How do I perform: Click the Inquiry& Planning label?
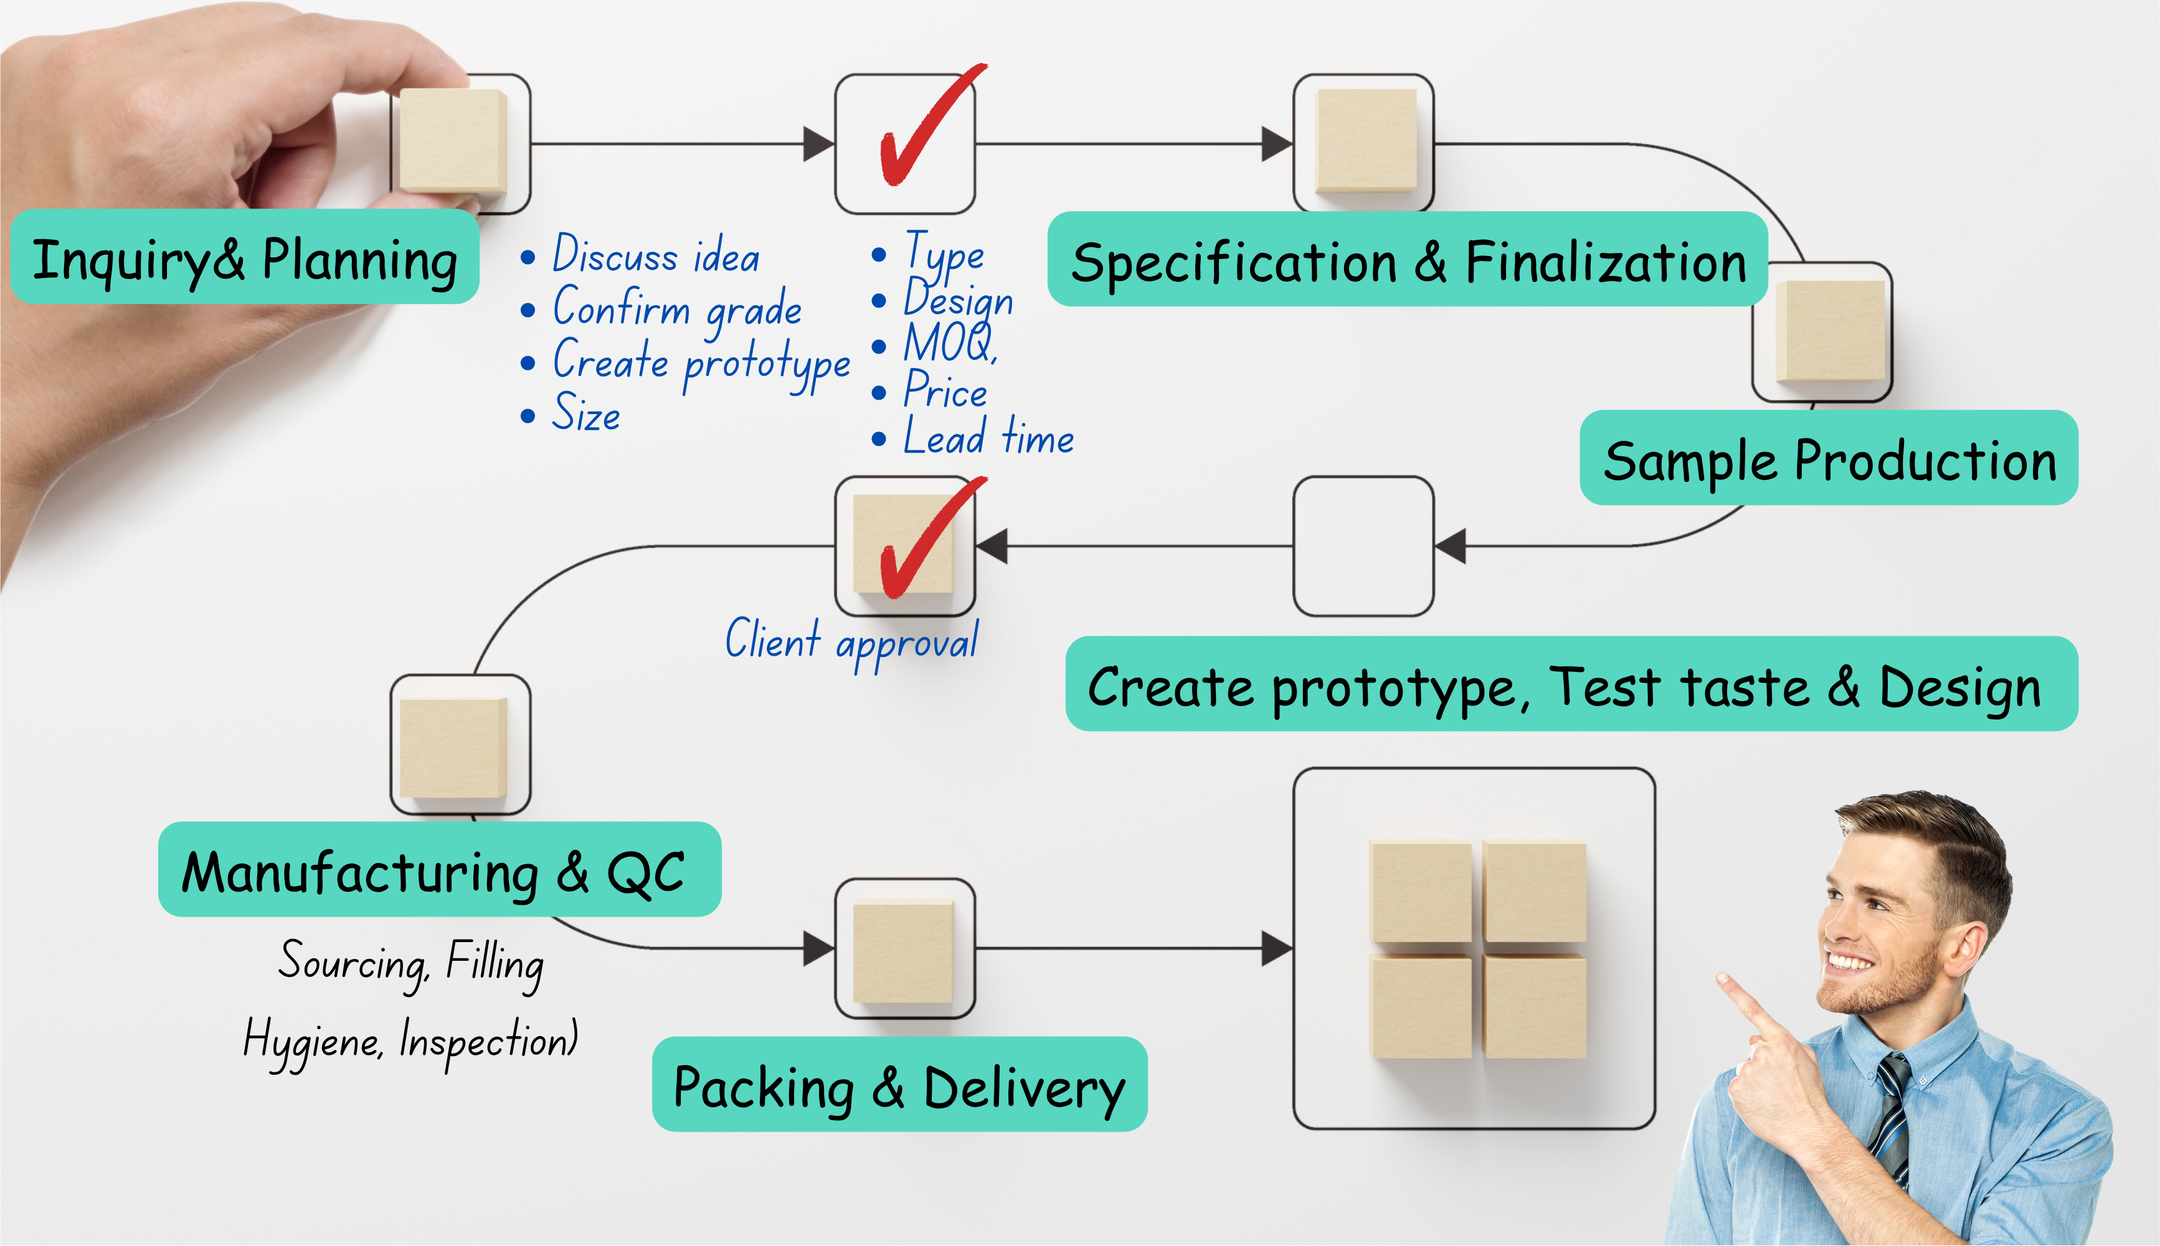tap(245, 258)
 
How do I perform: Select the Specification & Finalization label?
tap(1408, 260)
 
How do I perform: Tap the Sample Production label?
tap(1829, 460)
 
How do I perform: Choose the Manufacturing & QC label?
tap(439, 871)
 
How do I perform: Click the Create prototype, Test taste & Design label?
tap(1571, 684)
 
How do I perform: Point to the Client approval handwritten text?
tap(853, 642)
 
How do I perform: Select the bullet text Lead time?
tap(988, 438)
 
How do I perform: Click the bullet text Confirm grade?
tap(677, 309)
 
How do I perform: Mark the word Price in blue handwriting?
tap(945, 391)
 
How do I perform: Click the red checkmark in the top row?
tap(929, 128)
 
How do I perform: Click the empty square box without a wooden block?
tap(1363, 546)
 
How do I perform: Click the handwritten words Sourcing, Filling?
tap(411, 963)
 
